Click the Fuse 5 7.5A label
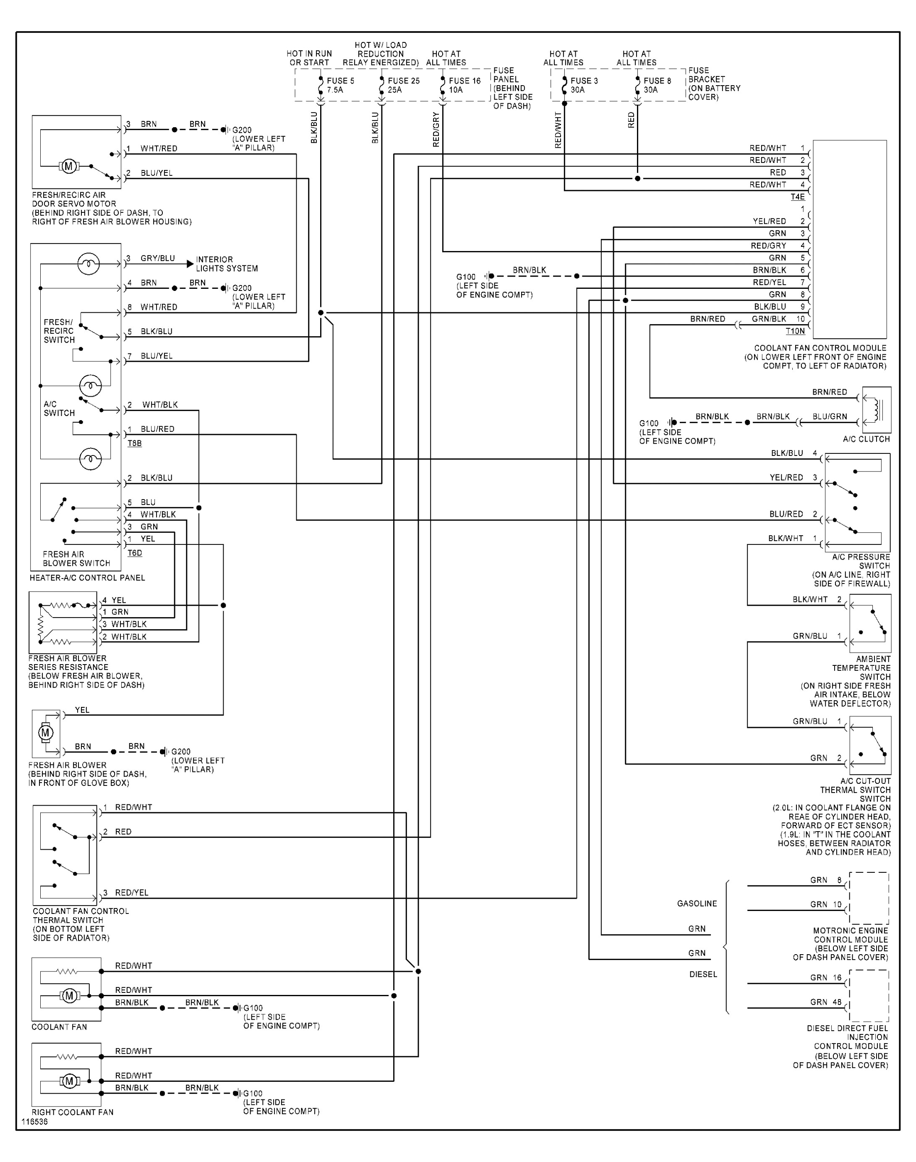340,85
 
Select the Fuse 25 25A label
403,85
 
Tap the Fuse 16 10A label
465,85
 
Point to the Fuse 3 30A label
584,85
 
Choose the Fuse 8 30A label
657,85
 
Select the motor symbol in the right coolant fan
69,1081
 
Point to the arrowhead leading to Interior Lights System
190,264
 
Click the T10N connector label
795,332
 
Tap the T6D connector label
135,553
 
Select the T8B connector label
135,443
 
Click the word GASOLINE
697,903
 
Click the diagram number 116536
34,1122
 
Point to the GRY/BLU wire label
158,259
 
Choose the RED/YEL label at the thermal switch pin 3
132,892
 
